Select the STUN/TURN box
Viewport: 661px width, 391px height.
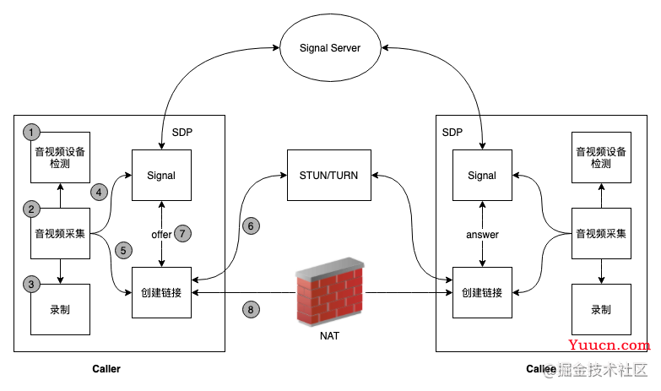coord(329,175)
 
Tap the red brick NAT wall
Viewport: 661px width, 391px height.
coord(329,292)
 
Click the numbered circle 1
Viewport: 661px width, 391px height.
coord(31,132)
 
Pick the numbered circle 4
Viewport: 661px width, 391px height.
coord(99,193)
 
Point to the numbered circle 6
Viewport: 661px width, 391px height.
coord(251,226)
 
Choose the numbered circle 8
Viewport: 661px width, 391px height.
coord(251,310)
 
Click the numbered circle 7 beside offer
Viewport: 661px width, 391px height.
coord(182,233)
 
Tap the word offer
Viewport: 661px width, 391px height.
coord(161,235)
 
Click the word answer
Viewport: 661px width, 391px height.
coord(482,235)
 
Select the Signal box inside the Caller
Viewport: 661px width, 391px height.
coord(161,175)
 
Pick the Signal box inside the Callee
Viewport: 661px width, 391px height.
coord(482,175)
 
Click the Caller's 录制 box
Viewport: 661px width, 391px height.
coord(60,309)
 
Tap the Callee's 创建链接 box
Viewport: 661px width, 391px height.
coord(482,292)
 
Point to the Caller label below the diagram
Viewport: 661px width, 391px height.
coord(106,369)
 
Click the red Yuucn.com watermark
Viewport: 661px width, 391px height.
coord(610,345)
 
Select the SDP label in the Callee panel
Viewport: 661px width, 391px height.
coord(452,133)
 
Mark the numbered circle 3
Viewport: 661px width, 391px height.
coord(31,285)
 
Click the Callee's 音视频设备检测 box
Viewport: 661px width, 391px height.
coord(601,157)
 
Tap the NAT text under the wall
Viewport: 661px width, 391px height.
coord(329,336)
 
